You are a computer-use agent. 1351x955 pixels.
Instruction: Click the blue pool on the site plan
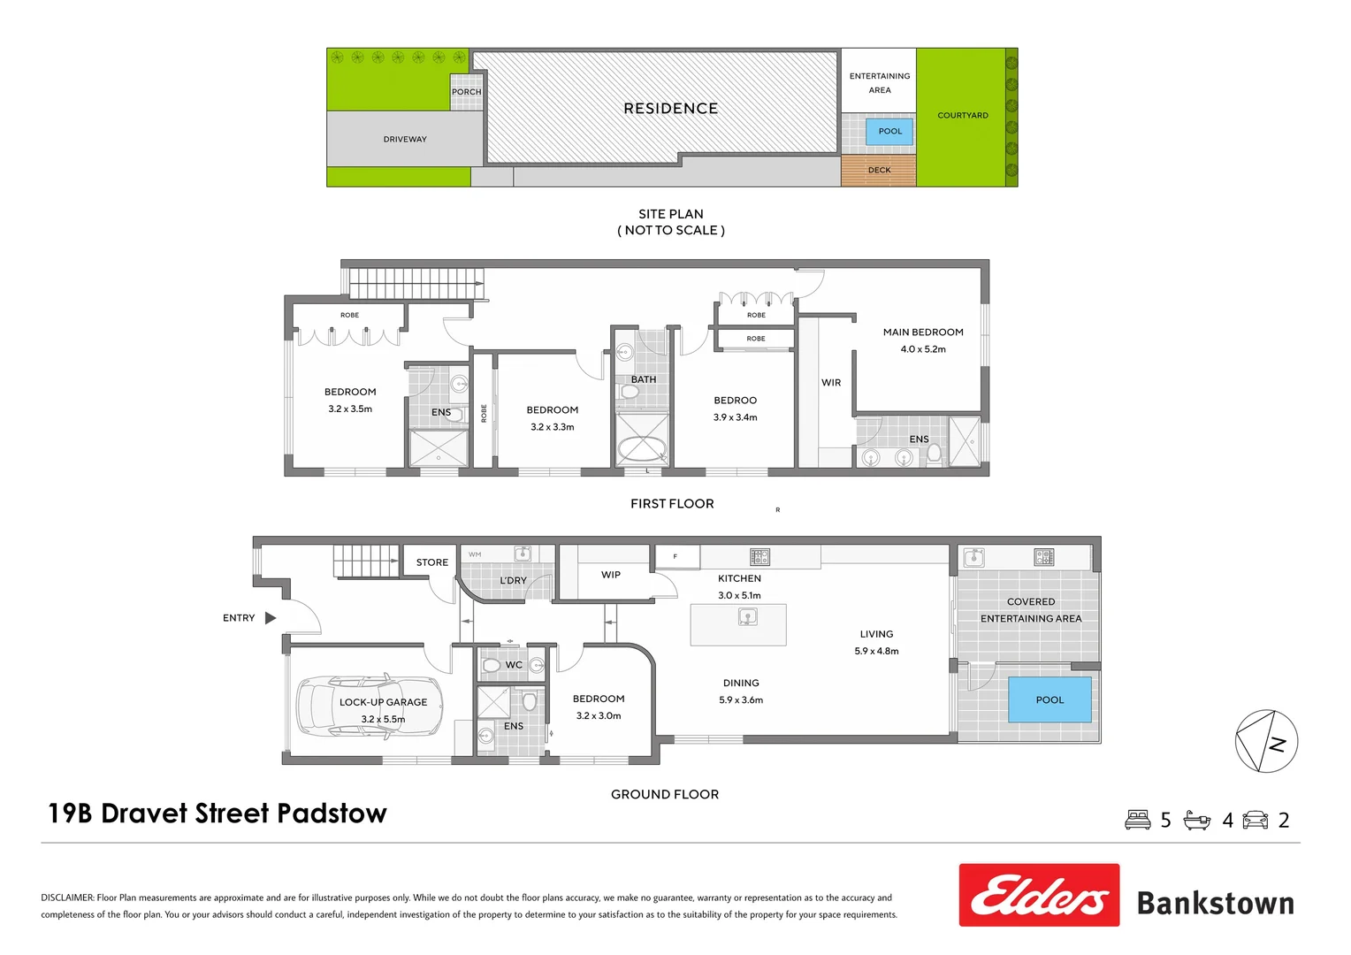click(889, 132)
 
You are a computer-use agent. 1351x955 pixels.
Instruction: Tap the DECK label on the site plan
click(879, 170)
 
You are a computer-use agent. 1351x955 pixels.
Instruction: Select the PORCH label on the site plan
click(467, 92)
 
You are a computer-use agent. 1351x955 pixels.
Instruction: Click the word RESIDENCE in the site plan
click(670, 109)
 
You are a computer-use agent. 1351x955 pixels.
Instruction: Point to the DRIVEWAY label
click(405, 140)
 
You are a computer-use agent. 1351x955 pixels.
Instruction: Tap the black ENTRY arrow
click(271, 618)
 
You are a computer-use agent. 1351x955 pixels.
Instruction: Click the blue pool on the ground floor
click(1050, 699)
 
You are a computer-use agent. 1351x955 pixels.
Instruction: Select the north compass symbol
click(1266, 741)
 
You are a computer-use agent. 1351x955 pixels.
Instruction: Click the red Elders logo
click(1039, 895)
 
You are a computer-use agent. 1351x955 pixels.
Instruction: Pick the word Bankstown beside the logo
click(1215, 904)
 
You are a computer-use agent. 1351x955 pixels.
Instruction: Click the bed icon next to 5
click(1138, 820)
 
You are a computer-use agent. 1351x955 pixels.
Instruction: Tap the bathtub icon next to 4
click(1197, 820)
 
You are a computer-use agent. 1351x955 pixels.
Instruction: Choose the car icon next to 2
click(1256, 820)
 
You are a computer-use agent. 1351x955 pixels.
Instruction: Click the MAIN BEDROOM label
click(923, 332)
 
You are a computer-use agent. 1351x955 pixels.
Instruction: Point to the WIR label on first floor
click(831, 383)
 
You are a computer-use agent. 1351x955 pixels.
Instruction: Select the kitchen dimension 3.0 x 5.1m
click(739, 595)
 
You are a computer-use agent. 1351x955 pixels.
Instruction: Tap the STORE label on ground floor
click(432, 562)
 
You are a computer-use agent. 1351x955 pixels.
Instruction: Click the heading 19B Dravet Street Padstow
click(218, 814)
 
